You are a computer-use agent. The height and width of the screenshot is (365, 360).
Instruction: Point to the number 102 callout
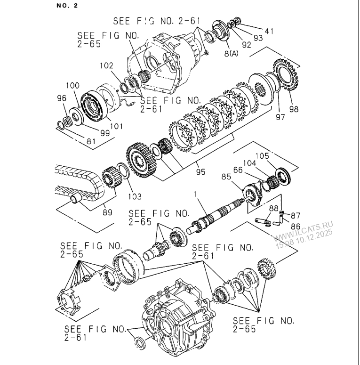tap(106, 66)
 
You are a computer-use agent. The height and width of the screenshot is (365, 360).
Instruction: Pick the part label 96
tap(62, 98)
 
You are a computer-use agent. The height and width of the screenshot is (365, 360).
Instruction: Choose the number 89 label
tap(108, 212)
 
